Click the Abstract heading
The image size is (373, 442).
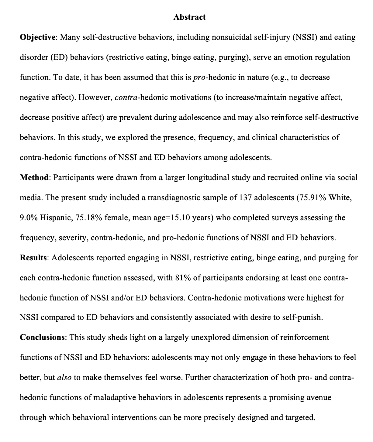click(189, 17)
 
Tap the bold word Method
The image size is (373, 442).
click(34, 178)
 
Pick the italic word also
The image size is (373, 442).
click(64, 378)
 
